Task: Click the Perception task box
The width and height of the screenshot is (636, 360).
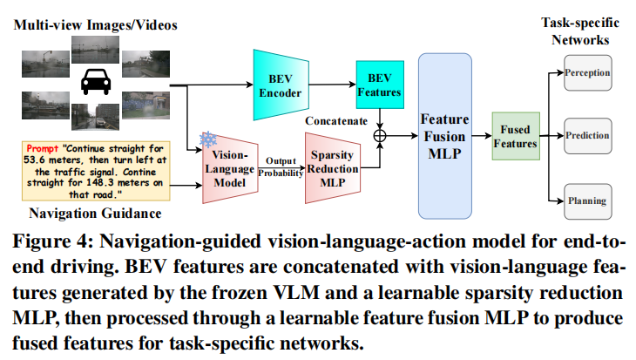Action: (x=586, y=73)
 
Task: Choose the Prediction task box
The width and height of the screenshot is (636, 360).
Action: (x=586, y=136)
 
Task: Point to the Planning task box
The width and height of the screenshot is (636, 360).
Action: (x=586, y=200)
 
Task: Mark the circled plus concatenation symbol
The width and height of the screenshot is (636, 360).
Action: (x=380, y=136)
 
